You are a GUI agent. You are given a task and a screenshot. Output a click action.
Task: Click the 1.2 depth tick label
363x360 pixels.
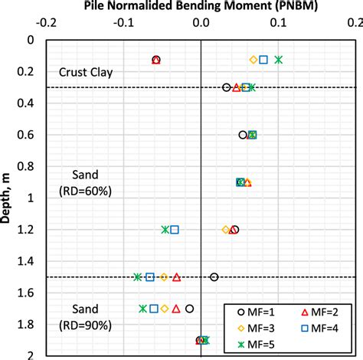[28, 229]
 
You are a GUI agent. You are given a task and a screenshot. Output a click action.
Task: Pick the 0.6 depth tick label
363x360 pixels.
[28, 135]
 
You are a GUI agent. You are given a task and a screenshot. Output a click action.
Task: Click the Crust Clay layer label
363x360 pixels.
[86, 73]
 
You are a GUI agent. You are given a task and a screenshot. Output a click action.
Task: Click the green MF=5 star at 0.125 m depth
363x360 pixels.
[279, 60]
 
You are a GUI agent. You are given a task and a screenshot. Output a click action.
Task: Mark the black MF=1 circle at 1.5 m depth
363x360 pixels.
[214, 277]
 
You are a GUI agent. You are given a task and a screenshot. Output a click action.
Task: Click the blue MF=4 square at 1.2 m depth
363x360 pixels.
[175, 230]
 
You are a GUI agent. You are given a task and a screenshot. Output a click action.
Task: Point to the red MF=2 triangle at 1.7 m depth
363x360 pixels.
[176, 309]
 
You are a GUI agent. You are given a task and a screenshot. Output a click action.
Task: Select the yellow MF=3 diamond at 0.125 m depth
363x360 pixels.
[253, 60]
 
